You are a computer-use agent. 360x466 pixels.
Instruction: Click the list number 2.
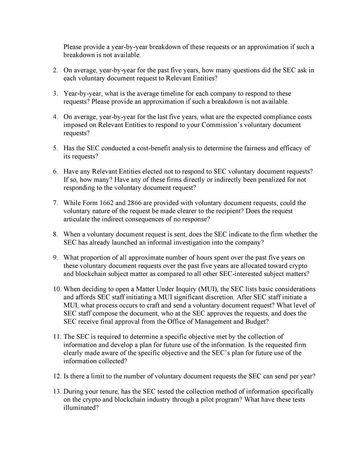click(x=56, y=70)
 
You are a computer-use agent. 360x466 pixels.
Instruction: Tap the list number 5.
click(x=56, y=148)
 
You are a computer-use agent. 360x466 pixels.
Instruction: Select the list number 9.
click(x=56, y=257)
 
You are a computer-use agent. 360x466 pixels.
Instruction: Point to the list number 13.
click(x=56, y=391)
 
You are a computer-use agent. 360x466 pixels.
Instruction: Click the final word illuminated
click(x=81, y=408)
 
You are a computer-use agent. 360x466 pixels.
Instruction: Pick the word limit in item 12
click(x=99, y=376)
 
